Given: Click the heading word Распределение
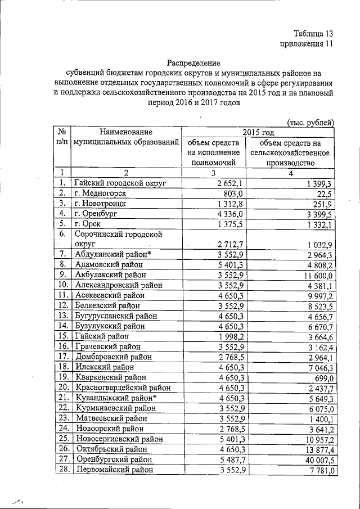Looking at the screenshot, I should (x=193, y=62).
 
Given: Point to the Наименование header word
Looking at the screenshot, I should (x=127, y=132).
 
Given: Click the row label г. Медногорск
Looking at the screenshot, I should (x=100, y=193).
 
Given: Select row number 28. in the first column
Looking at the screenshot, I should (x=62, y=469).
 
